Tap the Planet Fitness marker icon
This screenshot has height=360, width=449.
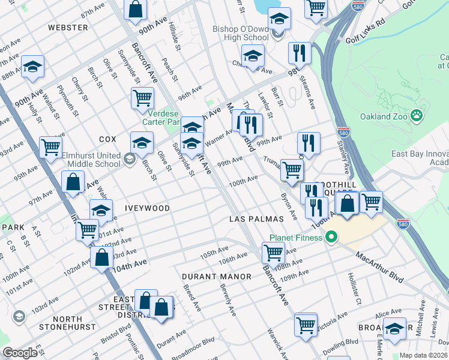[x=331, y=238]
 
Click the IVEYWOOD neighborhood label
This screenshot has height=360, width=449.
[x=147, y=208]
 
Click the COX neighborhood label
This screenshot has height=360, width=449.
[x=107, y=139]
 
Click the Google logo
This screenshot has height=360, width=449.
[x=20, y=353]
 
